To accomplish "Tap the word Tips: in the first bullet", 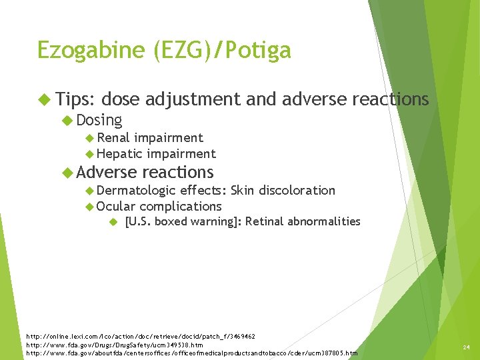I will [x=77, y=99].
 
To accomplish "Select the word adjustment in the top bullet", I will [x=193, y=100].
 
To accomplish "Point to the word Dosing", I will [x=99, y=120].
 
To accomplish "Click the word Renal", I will [x=113, y=138].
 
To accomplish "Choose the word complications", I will [x=181, y=207].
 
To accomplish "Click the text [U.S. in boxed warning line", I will [x=137, y=221].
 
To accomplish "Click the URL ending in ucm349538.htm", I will [x=114, y=345].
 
